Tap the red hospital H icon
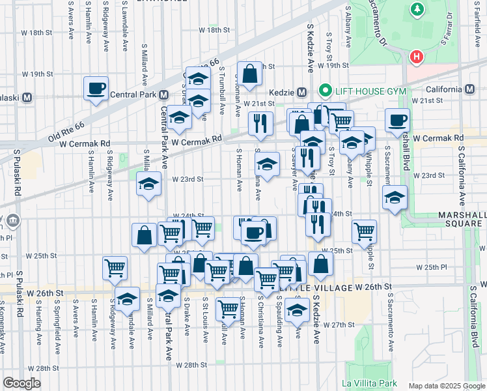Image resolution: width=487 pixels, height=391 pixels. [x=417, y=57]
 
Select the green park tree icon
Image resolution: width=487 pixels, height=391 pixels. [x=417, y=10]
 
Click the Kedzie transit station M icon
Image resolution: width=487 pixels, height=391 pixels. [x=301, y=91]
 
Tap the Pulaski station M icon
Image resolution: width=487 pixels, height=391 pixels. [x=27, y=98]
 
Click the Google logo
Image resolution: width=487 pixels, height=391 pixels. [x=21, y=383]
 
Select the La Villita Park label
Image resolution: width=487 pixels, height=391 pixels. [x=370, y=383]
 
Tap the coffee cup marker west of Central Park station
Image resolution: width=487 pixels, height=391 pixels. [x=96, y=88]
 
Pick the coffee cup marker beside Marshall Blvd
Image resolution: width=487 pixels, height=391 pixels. [x=397, y=119]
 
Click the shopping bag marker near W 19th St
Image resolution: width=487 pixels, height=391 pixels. [x=249, y=73]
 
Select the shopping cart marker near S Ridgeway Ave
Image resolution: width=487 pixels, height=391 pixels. [x=115, y=267]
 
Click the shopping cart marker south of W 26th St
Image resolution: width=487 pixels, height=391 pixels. [x=228, y=308]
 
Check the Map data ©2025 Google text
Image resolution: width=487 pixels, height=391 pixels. [x=446, y=385]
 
